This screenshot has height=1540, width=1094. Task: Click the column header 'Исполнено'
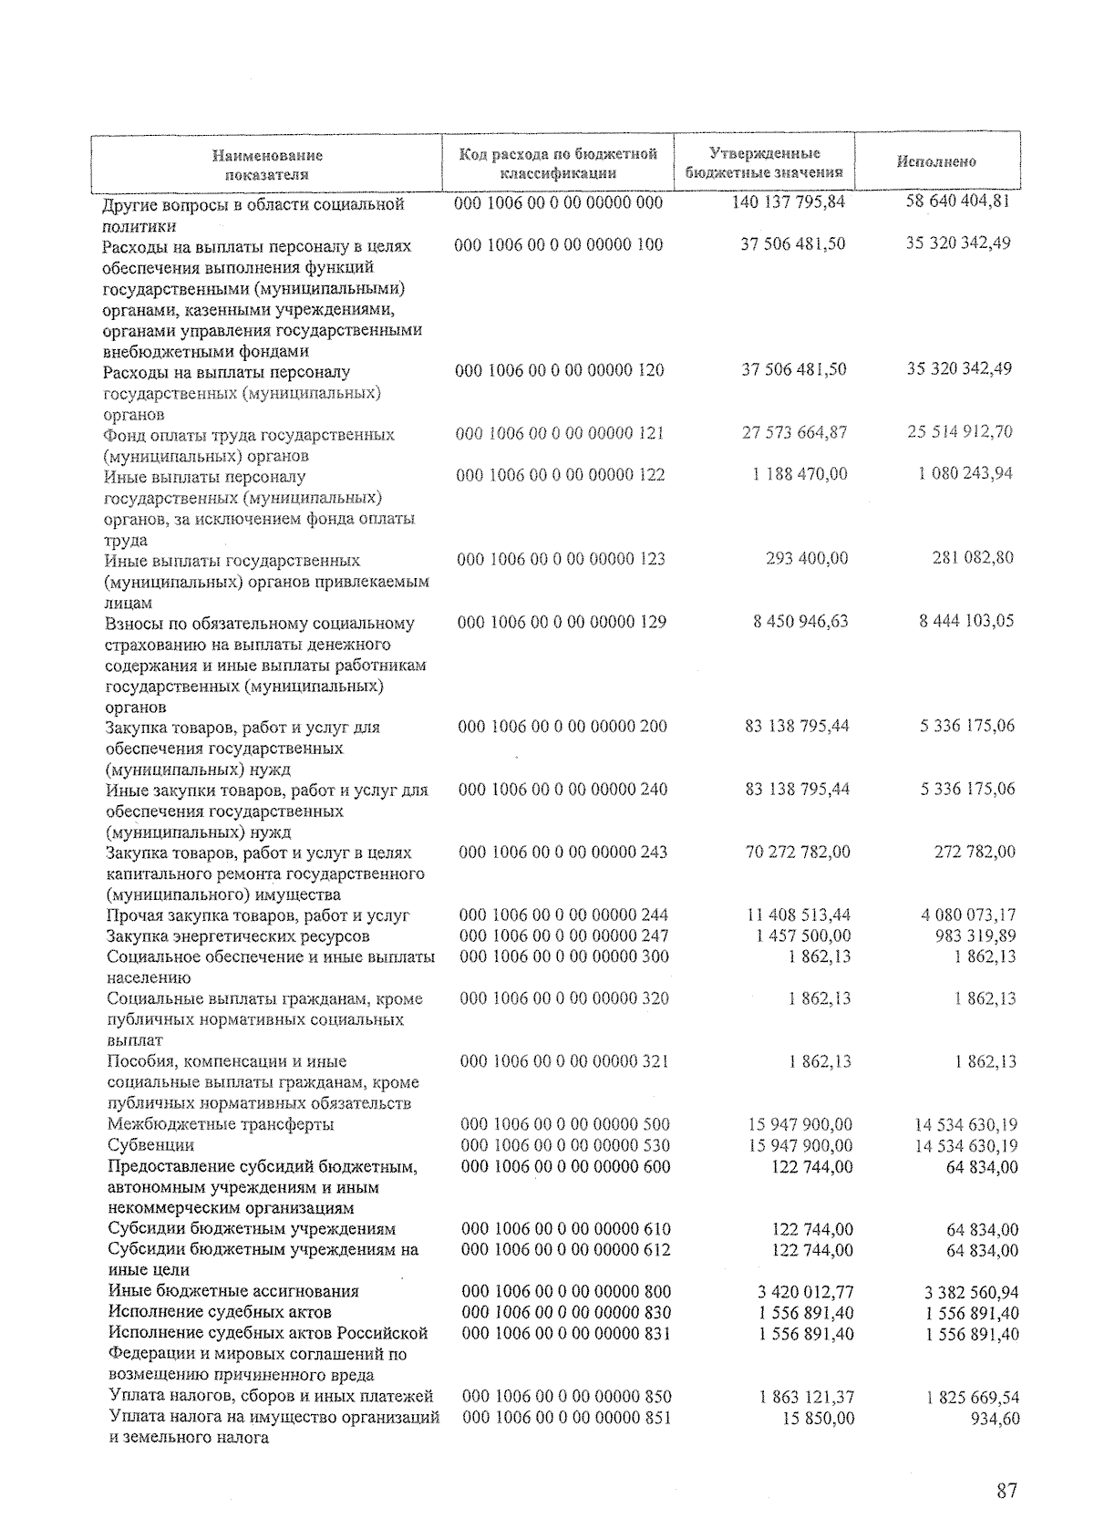pos(935,161)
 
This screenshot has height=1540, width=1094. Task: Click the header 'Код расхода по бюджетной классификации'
pos(558,163)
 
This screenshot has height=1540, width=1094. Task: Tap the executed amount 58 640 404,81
pos(957,201)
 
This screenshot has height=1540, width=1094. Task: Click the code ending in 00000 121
pos(560,433)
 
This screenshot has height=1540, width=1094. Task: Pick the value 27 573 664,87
pos(795,433)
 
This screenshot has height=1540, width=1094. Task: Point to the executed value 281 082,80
pos(973,557)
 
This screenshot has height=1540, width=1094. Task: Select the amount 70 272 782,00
pos(798,852)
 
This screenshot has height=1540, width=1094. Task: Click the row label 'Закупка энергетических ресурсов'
pos(238,936)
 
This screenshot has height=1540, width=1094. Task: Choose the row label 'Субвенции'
pos(150,1145)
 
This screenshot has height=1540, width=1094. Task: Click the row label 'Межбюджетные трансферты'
pos(220,1124)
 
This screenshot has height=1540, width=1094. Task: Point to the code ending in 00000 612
pos(566,1250)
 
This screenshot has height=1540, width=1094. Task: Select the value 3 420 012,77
pos(805,1292)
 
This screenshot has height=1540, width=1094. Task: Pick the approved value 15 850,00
pos(818,1419)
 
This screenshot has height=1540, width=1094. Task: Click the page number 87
pos(1006,1492)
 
